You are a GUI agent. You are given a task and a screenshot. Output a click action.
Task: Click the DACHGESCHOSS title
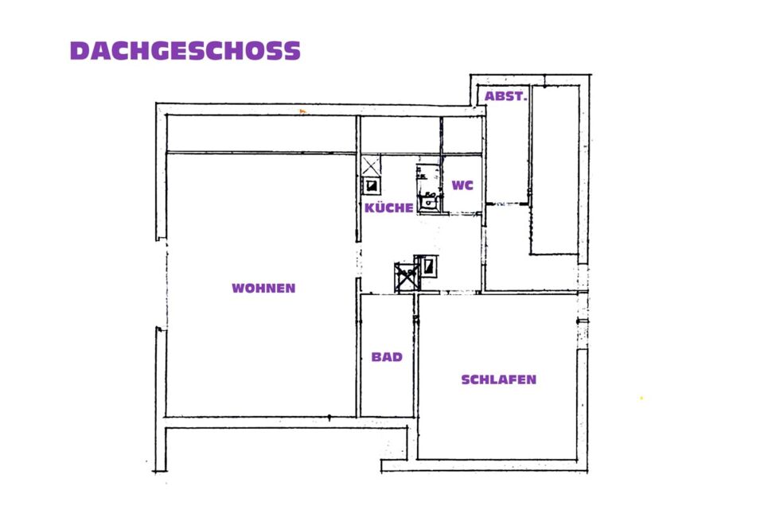185,51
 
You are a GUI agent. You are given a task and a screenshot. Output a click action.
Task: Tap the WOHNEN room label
263,288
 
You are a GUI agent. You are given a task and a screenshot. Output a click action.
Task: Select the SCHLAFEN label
498,379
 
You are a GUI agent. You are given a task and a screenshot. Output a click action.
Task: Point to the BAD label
387,357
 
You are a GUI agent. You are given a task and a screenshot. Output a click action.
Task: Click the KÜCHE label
389,208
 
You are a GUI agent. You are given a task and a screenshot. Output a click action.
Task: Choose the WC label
462,185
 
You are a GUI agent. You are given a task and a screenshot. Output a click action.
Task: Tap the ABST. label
506,96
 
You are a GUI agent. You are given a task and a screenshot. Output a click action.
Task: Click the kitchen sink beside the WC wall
429,200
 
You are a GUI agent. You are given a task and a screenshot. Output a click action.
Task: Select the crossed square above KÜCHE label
370,165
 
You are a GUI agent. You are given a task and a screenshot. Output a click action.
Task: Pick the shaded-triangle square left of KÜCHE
372,186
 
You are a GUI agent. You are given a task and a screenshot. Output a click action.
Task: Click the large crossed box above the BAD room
407,277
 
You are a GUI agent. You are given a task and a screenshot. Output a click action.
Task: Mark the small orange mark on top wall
302,111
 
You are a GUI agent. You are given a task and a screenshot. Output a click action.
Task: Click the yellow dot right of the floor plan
641,398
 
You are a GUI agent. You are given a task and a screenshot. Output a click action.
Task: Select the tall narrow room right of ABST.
555,170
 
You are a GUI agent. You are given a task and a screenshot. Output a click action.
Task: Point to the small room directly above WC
462,135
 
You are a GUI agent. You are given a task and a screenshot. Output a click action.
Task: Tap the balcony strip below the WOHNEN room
286,444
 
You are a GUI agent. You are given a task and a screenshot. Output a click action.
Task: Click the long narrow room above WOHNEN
261,134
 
